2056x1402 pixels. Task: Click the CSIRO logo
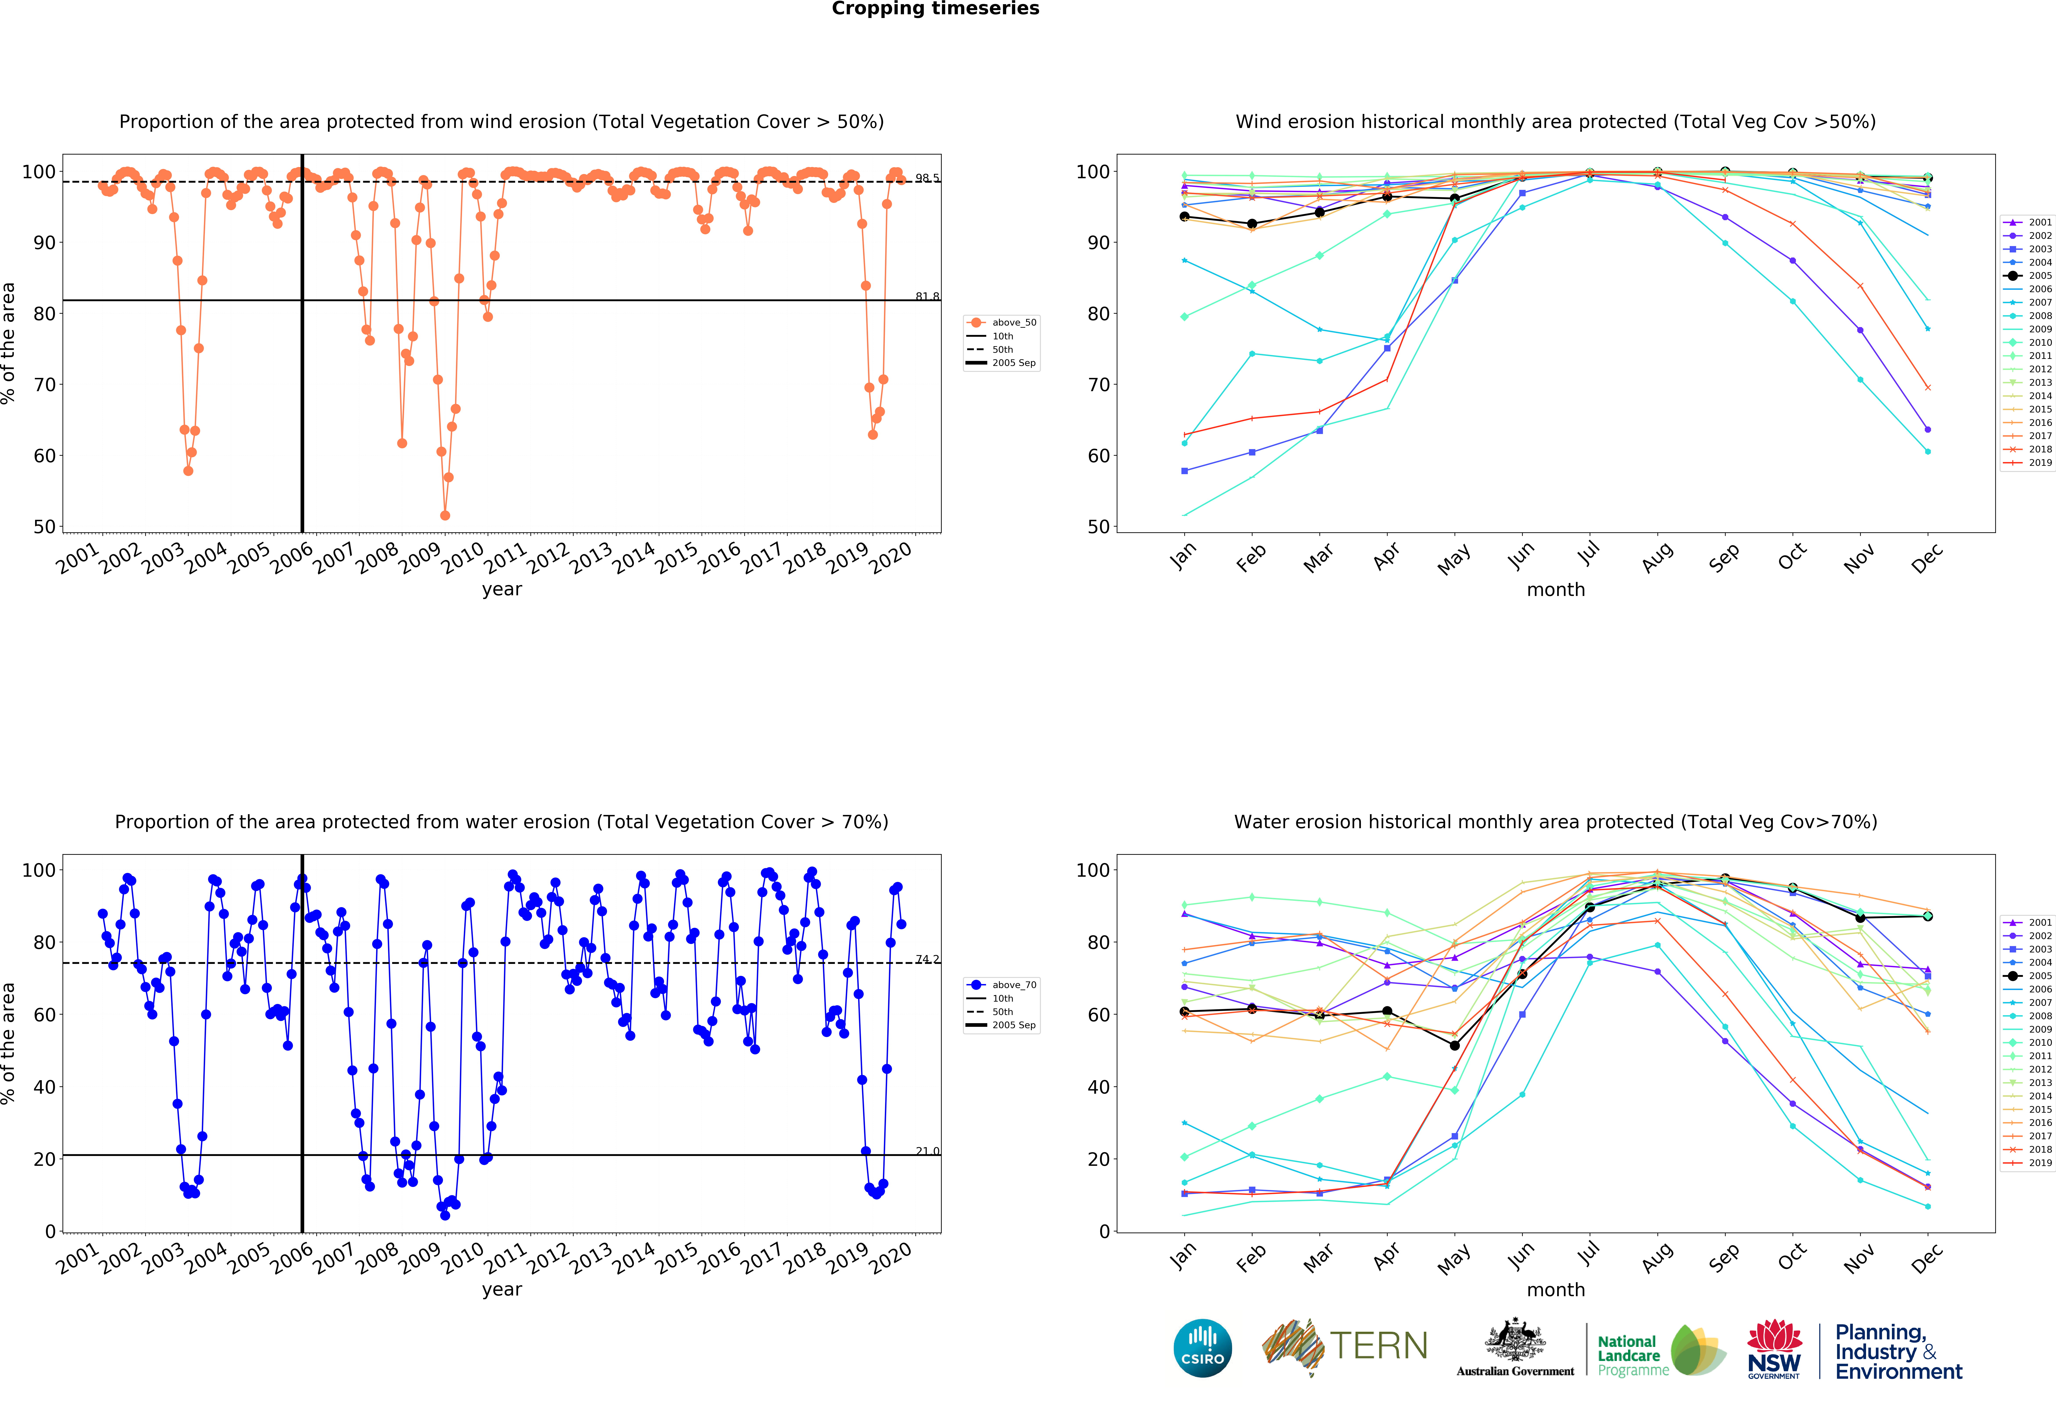(1202, 1348)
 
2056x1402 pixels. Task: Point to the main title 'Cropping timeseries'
(935, 9)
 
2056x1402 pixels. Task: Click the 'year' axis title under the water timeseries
(502, 1290)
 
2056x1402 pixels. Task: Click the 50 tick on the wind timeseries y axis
(44, 527)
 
